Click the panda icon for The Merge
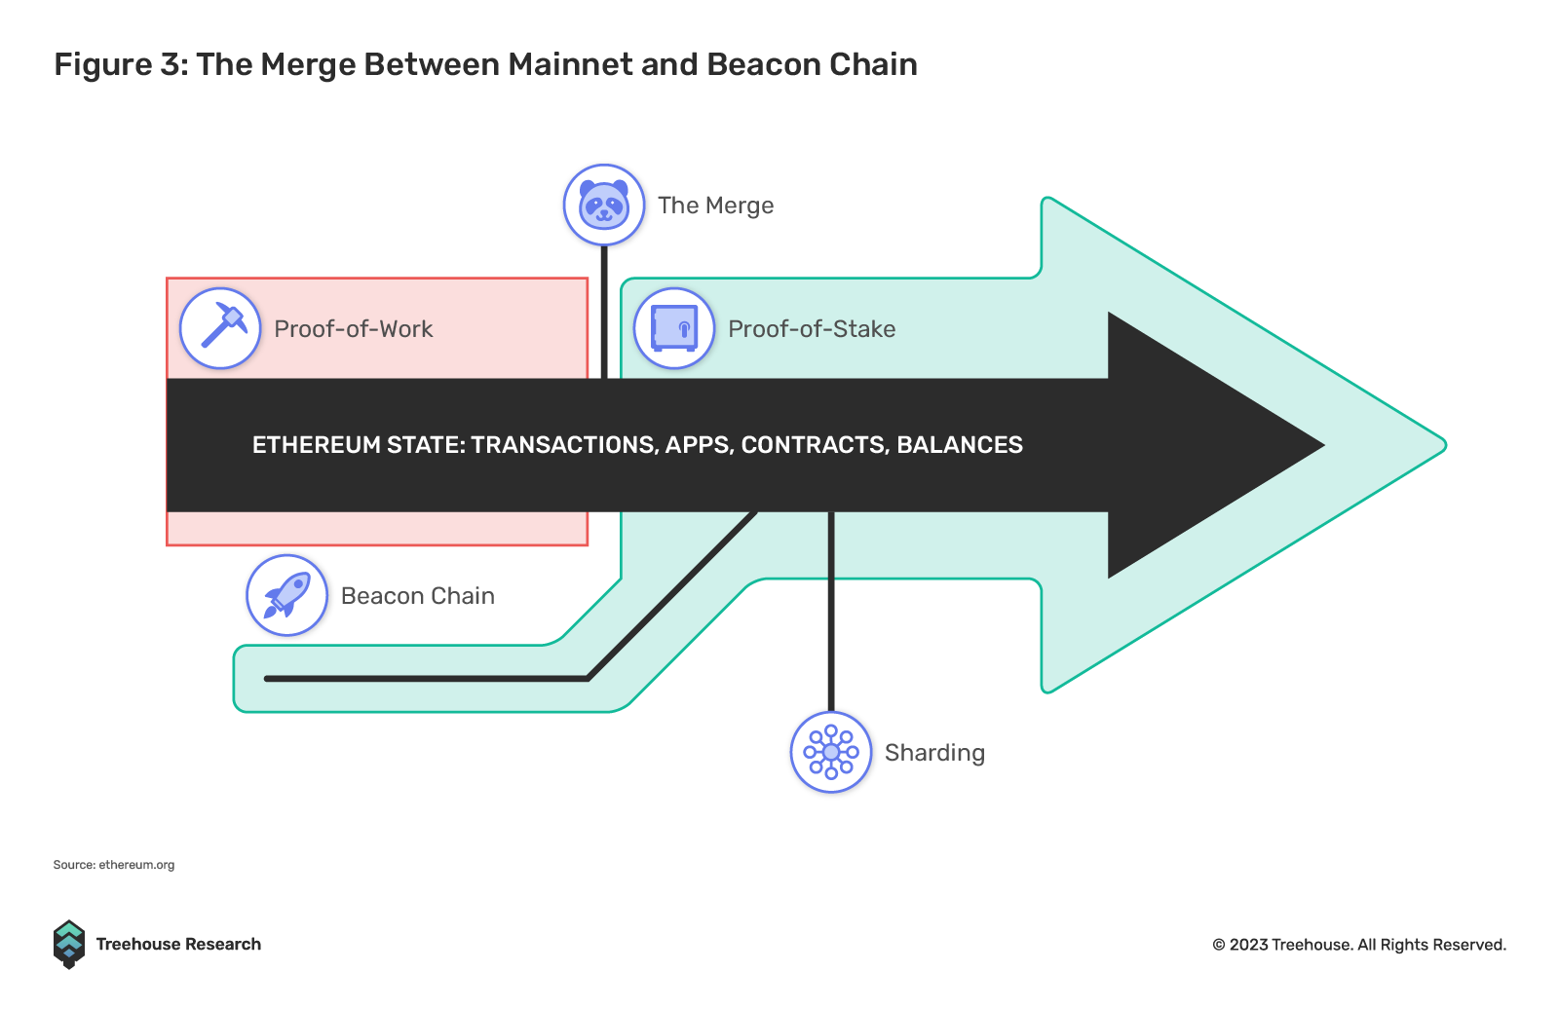click(x=604, y=206)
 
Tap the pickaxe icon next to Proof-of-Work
click(x=220, y=328)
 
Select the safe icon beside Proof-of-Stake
click(x=674, y=328)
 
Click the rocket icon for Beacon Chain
click(x=286, y=595)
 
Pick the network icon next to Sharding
click(x=831, y=752)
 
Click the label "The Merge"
click(x=715, y=206)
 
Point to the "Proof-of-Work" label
click(x=354, y=328)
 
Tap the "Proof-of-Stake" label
click(x=812, y=328)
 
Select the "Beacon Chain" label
click(x=418, y=596)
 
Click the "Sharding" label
click(x=934, y=753)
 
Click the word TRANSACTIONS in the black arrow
click(x=565, y=445)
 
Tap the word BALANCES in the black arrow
click(x=960, y=445)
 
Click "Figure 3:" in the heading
click(x=121, y=64)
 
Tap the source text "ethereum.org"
click(x=136, y=865)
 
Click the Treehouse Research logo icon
click(x=69, y=945)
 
